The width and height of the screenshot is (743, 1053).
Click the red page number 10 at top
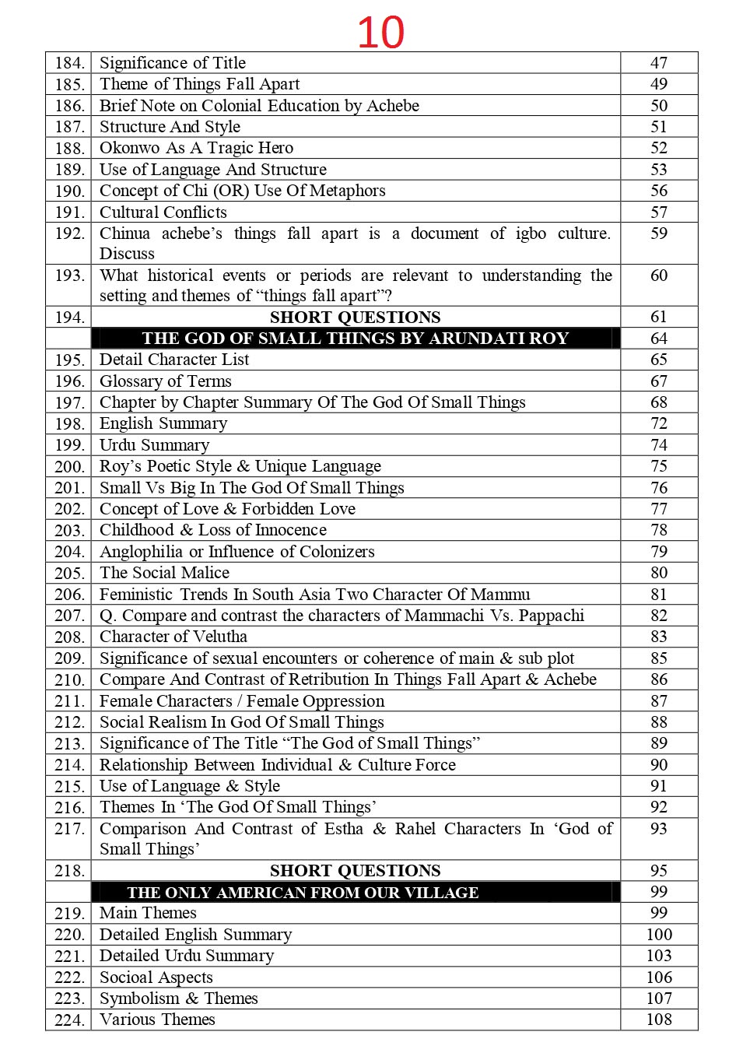pyautogui.click(x=380, y=33)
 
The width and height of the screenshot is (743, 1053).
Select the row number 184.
pyautogui.click(x=69, y=63)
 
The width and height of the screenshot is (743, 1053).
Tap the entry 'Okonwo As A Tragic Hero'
pyautogui.click(x=196, y=148)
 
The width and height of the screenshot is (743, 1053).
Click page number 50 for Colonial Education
pyautogui.click(x=658, y=106)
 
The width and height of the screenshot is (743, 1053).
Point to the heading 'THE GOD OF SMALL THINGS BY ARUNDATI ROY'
pyautogui.click(x=355, y=339)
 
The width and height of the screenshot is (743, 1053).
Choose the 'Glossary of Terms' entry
pyautogui.click(x=165, y=381)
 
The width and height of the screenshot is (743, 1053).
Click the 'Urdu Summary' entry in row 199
pyautogui.click(x=154, y=445)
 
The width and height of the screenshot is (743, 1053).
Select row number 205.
pyautogui.click(x=69, y=574)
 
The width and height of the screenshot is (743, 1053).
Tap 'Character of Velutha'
pyautogui.click(x=173, y=637)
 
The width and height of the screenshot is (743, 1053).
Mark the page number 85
pyautogui.click(x=658, y=658)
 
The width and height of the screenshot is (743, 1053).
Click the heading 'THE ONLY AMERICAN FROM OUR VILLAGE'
pyautogui.click(x=303, y=893)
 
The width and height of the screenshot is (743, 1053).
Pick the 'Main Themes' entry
pyautogui.click(x=148, y=913)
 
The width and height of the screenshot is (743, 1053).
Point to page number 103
pyautogui.click(x=658, y=956)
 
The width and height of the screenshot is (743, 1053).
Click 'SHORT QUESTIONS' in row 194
pyautogui.click(x=355, y=318)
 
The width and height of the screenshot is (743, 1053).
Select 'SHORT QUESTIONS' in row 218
pyautogui.click(x=355, y=871)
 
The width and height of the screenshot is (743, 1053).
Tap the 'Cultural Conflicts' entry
pyautogui.click(x=163, y=212)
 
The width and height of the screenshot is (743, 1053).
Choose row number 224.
pyautogui.click(x=69, y=1020)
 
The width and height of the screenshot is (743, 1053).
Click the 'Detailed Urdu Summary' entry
pyautogui.click(x=187, y=956)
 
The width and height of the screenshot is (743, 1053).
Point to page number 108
pyautogui.click(x=658, y=1020)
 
